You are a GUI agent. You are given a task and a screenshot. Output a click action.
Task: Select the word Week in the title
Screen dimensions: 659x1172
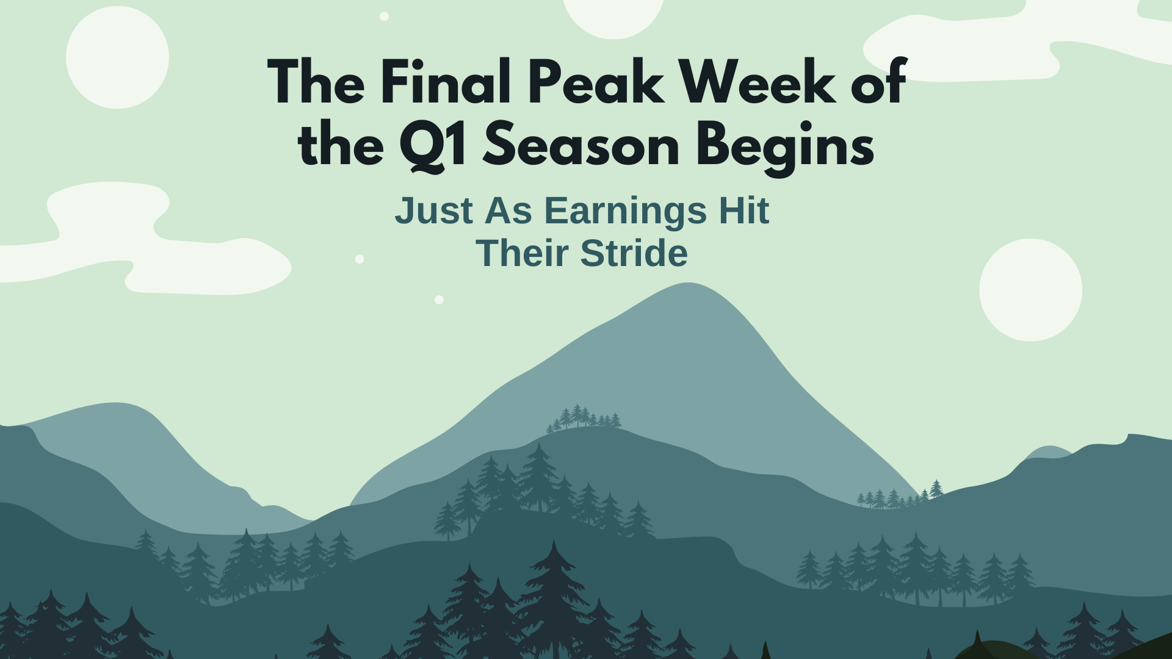(757, 82)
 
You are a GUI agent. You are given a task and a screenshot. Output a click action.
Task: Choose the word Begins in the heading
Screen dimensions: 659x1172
(785, 146)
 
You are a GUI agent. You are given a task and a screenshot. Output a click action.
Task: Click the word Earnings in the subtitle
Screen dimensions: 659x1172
(625, 211)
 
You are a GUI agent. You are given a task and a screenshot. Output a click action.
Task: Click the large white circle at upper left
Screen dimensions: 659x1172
(117, 57)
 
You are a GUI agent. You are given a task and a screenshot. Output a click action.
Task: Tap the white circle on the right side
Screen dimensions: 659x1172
(1030, 290)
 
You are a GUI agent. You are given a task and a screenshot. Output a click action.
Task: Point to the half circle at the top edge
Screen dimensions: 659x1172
(613, 15)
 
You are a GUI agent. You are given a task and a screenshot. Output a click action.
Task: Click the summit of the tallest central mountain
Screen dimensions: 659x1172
(689, 285)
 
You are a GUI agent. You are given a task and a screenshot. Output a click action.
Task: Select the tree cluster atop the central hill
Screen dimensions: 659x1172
(585, 417)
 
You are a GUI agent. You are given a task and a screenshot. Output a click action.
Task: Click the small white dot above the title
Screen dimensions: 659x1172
(384, 16)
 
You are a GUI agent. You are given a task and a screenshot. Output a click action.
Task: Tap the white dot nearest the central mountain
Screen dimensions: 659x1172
(439, 300)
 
